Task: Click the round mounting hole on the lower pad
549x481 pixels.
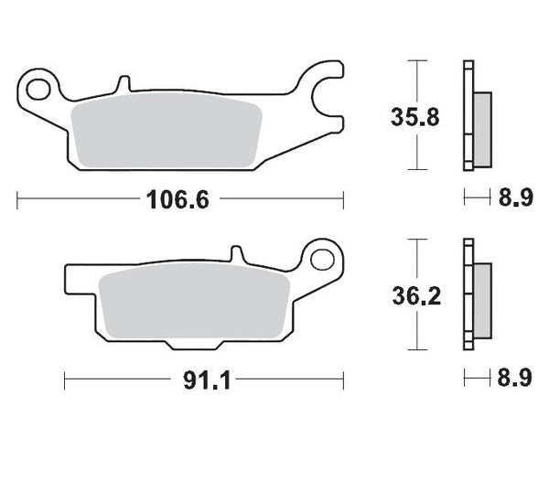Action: coord(322,259)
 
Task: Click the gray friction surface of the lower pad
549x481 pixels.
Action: coord(192,302)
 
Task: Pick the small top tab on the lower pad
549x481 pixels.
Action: coord(235,252)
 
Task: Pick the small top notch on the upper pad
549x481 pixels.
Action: coord(118,85)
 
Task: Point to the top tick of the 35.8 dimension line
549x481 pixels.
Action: coord(417,62)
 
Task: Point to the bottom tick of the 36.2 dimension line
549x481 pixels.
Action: coord(417,349)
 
